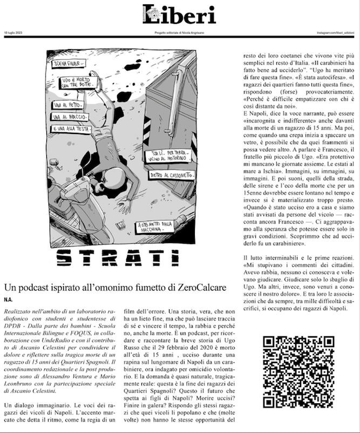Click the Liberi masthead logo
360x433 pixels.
click(180, 13)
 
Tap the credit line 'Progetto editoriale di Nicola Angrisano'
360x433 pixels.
click(180, 33)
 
